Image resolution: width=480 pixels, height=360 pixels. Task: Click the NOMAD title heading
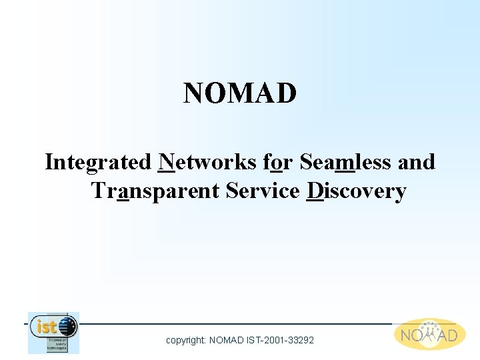[x=240, y=94]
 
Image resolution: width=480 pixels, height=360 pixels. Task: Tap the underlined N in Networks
[x=167, y=162]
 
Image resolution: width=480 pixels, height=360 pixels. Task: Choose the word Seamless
[x=346, y=162]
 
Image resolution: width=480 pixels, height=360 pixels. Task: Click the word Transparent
[x=155, y=192]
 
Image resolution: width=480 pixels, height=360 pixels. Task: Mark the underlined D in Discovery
[x=315, y=191]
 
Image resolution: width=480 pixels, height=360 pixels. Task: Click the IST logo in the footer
[x=53, y=333]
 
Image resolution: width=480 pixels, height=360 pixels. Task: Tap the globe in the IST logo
[x=67, y=327]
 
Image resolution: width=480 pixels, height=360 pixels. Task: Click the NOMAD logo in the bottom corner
[x=429, y=334]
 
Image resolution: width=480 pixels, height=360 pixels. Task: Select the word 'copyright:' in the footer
[x=186, y=341]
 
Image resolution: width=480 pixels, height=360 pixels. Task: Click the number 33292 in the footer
[x=300, y=340]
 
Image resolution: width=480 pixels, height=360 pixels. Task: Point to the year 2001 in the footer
[x=272, y=340]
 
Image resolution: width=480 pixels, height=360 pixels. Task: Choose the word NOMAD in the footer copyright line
[x=227, y=340]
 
